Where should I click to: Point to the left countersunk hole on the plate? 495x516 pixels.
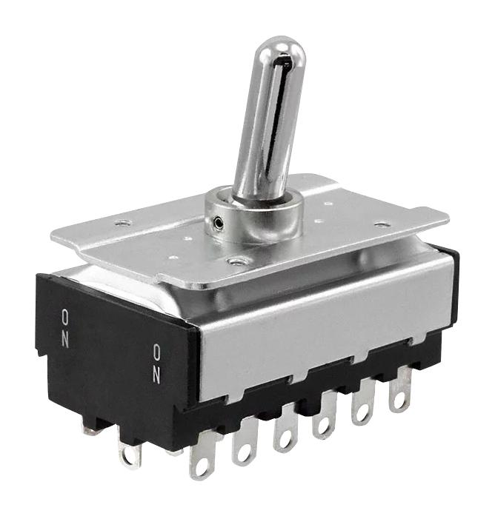(x=123, y=222)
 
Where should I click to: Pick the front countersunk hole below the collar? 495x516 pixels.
(x=236, y=261)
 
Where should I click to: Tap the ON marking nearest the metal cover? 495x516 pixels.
(x=156, y=363)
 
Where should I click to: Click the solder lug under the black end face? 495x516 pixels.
(x=130, y=451)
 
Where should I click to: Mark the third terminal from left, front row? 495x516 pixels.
(x=284, y=432)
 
